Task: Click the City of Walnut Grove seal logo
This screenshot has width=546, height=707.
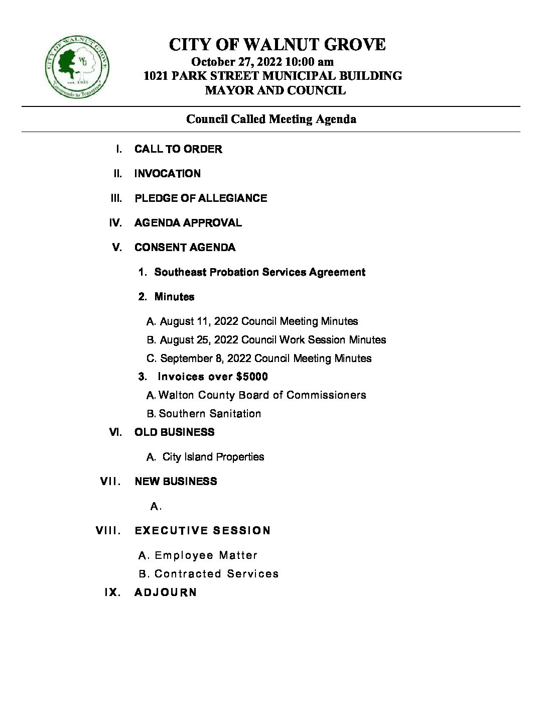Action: pyautogui.click(x=77, y=67)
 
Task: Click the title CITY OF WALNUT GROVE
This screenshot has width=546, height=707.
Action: pyautogui.click(x=277, y=45)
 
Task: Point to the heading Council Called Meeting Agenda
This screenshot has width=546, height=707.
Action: pyautogui.click(x=271, y=119)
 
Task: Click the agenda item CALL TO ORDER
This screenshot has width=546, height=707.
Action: pyautogui.click(x=178, y=149)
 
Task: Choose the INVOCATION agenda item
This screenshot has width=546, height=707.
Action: pyautogui.click(x=168, y=174)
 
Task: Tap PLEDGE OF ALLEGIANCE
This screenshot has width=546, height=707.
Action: pyautogui.click(x=201, y=198)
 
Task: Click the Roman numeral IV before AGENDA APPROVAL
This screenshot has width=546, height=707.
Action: pyautogui.click(x=115, y=223)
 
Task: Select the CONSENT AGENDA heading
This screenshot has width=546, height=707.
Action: pyautogui.click(x=185, y=248)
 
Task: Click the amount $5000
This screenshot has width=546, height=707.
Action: pyautogui.click(x=251, y=377)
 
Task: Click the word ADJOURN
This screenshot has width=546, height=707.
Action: pyautogui.click(x=166, y=593)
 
